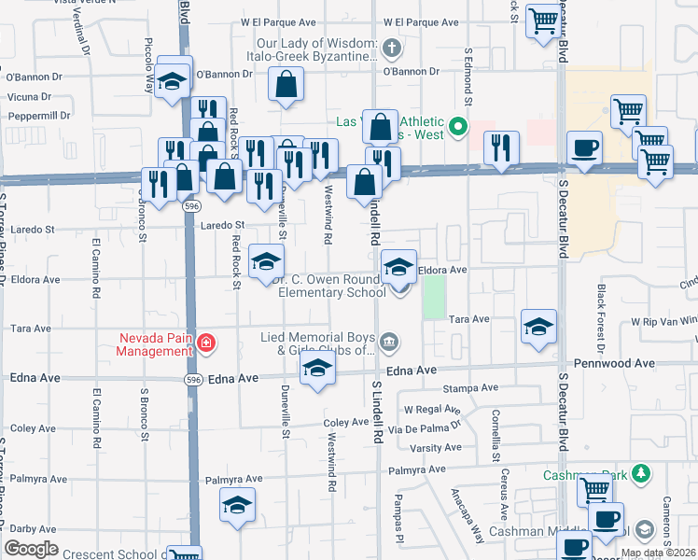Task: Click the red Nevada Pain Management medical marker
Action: point(205,344)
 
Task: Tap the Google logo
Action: point(31,549)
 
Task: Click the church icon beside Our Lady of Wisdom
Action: point(393,49)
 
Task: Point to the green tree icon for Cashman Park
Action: point(640,474)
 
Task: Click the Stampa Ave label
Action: point(471,387)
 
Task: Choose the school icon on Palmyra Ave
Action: point(238,505)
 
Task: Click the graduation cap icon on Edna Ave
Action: point(317,370)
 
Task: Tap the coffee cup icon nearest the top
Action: point(584,147)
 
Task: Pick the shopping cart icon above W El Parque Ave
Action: point(543,20)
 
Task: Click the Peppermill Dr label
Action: point(38,116)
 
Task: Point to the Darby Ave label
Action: point(33,528)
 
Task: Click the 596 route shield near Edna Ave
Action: point(191,379)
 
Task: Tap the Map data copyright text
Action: point(658,553)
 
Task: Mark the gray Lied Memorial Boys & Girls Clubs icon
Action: point(390,343)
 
